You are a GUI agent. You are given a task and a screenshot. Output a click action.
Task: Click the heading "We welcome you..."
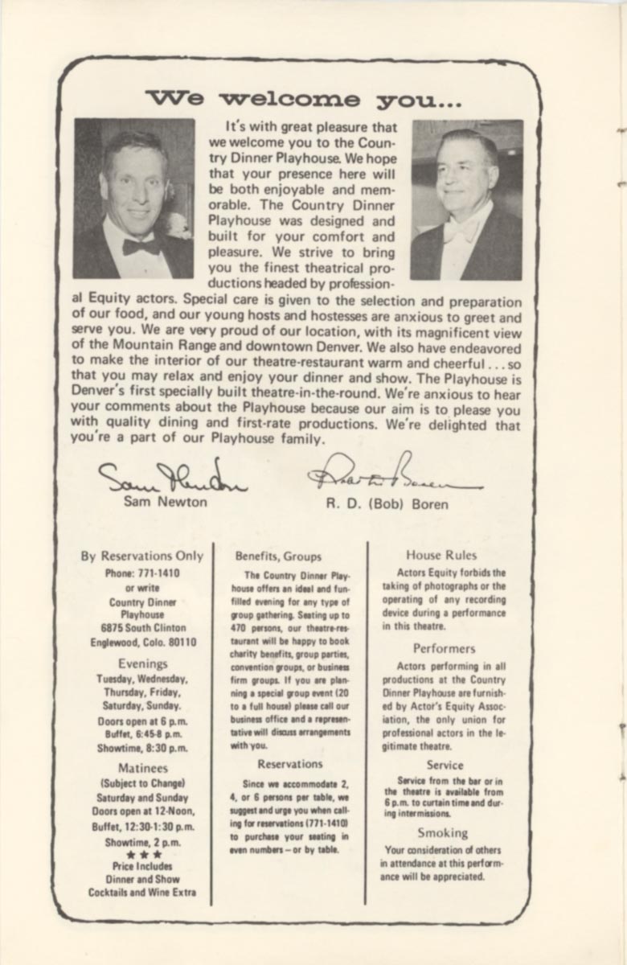[x=304, y=99]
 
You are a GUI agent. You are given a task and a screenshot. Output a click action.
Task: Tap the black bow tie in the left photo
[x=141, y=246]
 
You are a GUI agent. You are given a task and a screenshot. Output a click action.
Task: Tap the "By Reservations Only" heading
[x=142, y=556]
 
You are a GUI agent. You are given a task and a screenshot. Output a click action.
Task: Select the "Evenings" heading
[x=142, y=663]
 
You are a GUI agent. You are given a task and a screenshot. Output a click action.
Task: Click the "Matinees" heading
[x=142, y=768]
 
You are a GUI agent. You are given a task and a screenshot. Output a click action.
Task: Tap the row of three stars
[x=142, y=855]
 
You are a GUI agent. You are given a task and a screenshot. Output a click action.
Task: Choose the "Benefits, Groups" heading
[x=278, y=556]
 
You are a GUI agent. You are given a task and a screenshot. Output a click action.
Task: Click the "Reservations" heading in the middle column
[x=290, y=764]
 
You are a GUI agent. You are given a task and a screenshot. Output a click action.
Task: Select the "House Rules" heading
[x=441, y=555]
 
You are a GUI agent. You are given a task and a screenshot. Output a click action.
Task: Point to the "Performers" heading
[x=444, y=648]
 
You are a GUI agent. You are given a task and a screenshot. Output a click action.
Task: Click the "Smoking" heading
[x=442, y=833]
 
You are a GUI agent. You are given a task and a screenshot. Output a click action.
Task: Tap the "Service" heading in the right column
[x=445, y=766]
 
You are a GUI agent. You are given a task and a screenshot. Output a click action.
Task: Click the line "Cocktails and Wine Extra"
[x=142, y=893]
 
